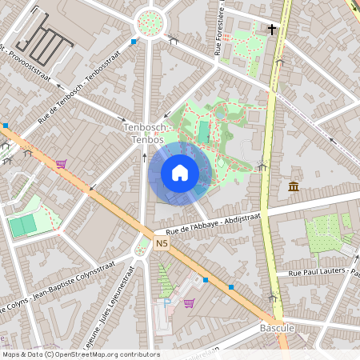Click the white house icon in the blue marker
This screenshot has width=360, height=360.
[x=180, y=173]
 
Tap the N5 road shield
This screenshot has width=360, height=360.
[x=162, y=243]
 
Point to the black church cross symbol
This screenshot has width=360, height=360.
[x=272, y=30]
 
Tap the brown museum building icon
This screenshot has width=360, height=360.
[x=294, y=187]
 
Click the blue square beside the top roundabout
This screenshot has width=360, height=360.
[x=133, y=41]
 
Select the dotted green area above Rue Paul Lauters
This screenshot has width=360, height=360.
[x=327, y=232]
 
